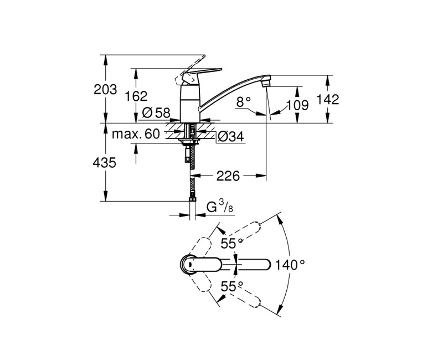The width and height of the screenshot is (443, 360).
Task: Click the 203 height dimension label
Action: click(x=106, y=90)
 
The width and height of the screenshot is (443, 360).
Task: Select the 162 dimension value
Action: click(x=136, y=96)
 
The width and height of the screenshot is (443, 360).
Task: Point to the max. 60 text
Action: click(x=136, y=134)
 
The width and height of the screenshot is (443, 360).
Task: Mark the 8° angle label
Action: click(x=244, y=101)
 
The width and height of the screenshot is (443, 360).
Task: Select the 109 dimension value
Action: click(x=298, y=105)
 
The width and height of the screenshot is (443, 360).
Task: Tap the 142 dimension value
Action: click(x=327, y=99)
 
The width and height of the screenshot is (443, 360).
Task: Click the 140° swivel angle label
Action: click(x=291, y=265)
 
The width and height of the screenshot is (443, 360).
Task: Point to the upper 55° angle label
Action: click(x=233, y=243)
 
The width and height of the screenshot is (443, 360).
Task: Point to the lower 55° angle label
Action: click(x=233, y=286)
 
